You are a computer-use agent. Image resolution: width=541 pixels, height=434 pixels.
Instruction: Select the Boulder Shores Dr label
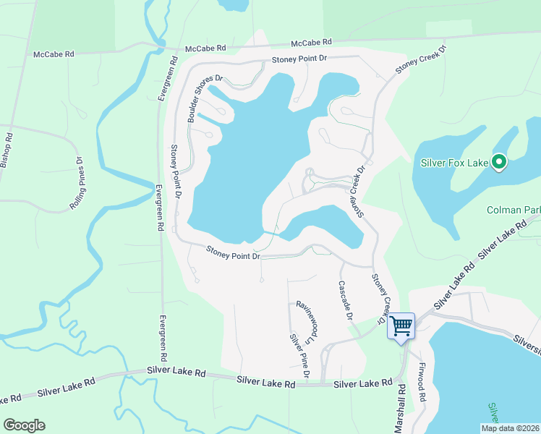point(205,98)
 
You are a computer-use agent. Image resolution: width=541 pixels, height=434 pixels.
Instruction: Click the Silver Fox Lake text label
point(455,163)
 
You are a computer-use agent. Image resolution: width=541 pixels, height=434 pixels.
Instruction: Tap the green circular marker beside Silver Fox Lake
point(498,163)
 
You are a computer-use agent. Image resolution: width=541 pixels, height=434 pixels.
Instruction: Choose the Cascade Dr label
point(345,301)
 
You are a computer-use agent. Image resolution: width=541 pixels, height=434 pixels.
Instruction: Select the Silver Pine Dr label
point(299,355)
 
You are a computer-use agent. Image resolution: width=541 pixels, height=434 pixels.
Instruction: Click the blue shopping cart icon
point(401,325)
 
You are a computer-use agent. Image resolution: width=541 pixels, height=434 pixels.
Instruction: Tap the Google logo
point(24,425)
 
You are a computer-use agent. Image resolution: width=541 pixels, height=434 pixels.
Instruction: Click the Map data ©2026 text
point(510,428)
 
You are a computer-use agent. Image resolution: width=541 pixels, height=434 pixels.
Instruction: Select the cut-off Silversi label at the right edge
point(527,344)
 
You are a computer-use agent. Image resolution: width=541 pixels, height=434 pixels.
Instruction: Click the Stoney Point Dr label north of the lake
point(300,60)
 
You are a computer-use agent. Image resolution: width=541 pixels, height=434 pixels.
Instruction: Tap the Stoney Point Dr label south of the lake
point(233,252)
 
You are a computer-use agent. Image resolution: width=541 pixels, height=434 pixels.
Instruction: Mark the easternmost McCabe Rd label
point(311,43)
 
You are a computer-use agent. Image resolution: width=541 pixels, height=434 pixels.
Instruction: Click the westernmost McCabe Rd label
point(54,54)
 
